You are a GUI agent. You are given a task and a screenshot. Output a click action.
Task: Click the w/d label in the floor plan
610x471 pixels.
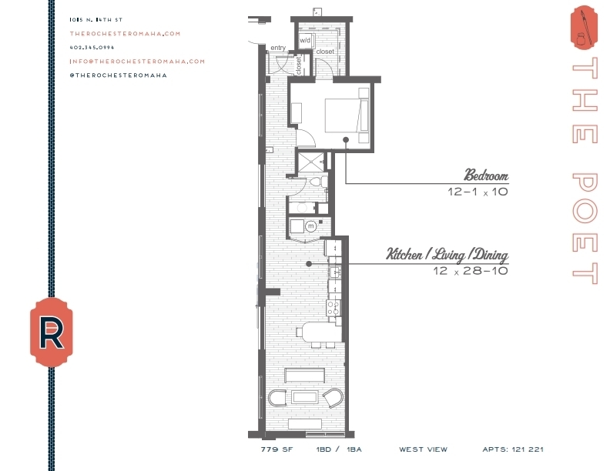(x=305, y=39)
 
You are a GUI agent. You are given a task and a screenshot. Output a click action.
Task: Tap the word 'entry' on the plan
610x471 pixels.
(x=277, y=48)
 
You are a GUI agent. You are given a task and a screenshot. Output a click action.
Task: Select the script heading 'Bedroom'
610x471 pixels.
(x=485, y=174)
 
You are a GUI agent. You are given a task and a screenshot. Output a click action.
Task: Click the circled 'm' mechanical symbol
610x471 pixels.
(x=311, y=226)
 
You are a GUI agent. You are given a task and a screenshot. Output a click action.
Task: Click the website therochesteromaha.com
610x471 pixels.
(x=124, y=33)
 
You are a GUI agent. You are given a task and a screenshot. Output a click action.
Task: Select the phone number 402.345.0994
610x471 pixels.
(x=91, y=47)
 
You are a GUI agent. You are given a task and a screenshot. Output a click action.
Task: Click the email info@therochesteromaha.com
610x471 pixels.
(x=137, y=61)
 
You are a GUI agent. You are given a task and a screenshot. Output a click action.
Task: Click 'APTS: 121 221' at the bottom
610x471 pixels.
(x=512, y=449)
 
